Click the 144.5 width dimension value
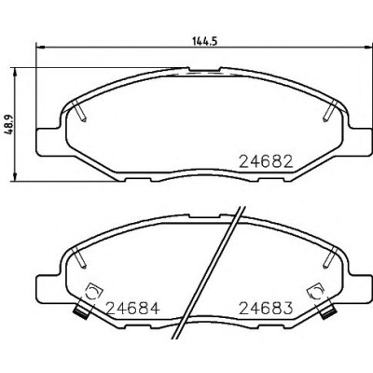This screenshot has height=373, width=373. pos(204,41)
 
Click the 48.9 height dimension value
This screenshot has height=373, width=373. pos(9,124)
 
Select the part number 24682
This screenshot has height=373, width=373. pos(266,161)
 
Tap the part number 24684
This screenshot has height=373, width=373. pos(133,309)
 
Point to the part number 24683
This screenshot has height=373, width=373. pos(266,309)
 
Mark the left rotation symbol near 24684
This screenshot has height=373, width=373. pos(93,292)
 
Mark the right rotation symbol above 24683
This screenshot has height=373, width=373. pos(316,292)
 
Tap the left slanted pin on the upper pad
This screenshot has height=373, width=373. pos(78,111)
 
